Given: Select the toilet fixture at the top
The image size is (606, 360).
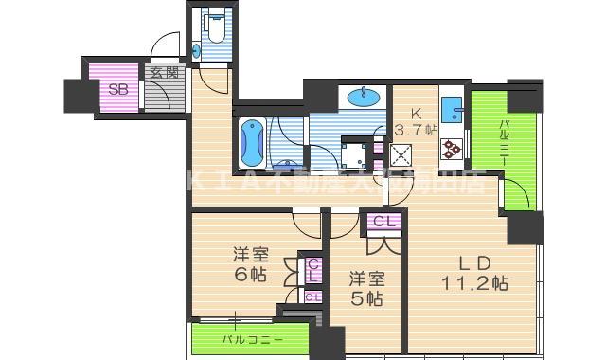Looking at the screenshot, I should [x=212, y=28].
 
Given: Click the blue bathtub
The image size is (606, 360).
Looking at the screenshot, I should [x=250, y=143].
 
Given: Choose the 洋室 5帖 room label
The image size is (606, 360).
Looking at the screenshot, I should [x=365, y=288].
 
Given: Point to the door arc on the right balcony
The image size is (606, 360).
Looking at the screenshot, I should [x=517, y=194].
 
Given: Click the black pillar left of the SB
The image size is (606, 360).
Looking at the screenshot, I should [x=75, y=96].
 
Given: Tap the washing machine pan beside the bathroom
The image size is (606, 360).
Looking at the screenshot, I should [x=356, y=153].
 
